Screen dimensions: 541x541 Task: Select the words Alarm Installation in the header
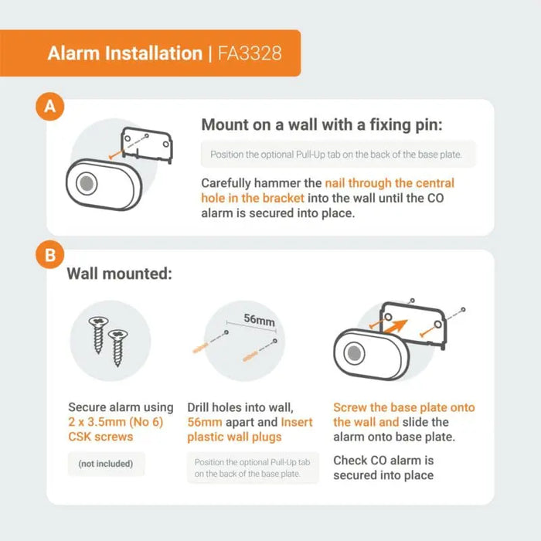(124, 53)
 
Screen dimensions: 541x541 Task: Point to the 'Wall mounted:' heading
(119, 274)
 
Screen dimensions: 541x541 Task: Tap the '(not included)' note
(105, 464)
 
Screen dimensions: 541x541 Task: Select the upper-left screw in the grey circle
(98, 334)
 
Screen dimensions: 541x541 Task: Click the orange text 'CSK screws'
(101, 437)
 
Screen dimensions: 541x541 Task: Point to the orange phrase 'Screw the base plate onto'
(403, 407)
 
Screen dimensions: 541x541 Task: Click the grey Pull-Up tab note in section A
(337, 155)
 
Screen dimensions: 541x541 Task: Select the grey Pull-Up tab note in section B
(252, 468)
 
